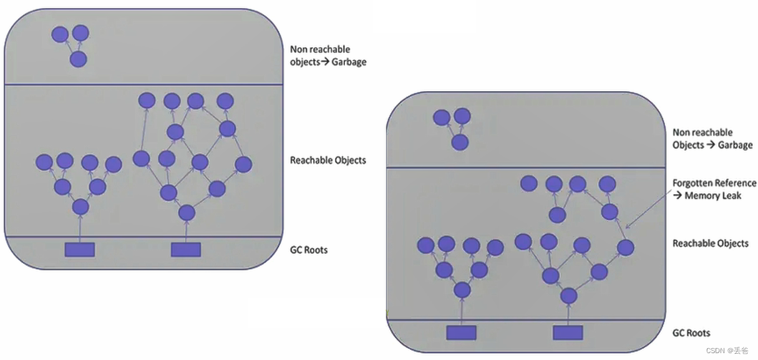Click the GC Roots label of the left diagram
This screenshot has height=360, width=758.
click(x=308, y=250)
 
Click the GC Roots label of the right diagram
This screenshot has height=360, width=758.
click(x=691, y=333)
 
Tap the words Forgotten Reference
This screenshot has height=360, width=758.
click(x=714, y=183)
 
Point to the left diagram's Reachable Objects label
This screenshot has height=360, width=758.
click(x=328, y=160)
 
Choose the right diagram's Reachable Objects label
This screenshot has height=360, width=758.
click(x=710, y=243)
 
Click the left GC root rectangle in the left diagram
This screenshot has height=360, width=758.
click(x=80, y=250)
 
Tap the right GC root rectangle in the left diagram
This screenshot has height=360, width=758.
click(x=186, y=250)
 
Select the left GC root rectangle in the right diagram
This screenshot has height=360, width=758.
click(x=461, y=333)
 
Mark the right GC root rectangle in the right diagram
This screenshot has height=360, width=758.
click(x=568, y=333)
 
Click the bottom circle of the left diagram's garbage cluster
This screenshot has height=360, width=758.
click(x=78, y=59)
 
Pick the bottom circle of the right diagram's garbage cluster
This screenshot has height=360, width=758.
click(x=460, y=142)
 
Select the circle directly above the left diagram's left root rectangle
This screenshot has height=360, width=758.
click(x=80, y=207)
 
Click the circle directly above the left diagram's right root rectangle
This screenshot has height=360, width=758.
click(x=187, y=213)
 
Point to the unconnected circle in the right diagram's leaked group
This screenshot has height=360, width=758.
click(x=529, y=183)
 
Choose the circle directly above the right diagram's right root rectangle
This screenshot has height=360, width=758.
click(x=568, y=296)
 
